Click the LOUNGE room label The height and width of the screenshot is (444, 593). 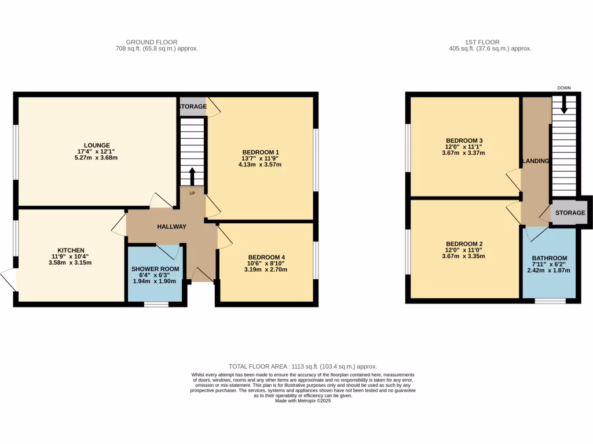[96, 145]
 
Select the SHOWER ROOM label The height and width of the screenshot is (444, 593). [155, 269]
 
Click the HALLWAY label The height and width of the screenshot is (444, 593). [171, 227]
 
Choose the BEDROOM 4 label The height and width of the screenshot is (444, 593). [266, 257]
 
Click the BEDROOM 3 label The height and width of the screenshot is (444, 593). [464, 141]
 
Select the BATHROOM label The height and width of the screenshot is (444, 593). [550, 258]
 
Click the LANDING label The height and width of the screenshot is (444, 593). [536, 161]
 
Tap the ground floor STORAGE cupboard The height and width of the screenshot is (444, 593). [192, 106]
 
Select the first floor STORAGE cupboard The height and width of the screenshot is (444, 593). [570, 213]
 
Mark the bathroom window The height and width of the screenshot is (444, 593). [550, 301]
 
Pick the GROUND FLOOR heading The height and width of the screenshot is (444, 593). [152, 42]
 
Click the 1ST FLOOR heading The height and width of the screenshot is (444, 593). [482, 42]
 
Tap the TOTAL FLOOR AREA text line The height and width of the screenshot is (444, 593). [303, 367]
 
